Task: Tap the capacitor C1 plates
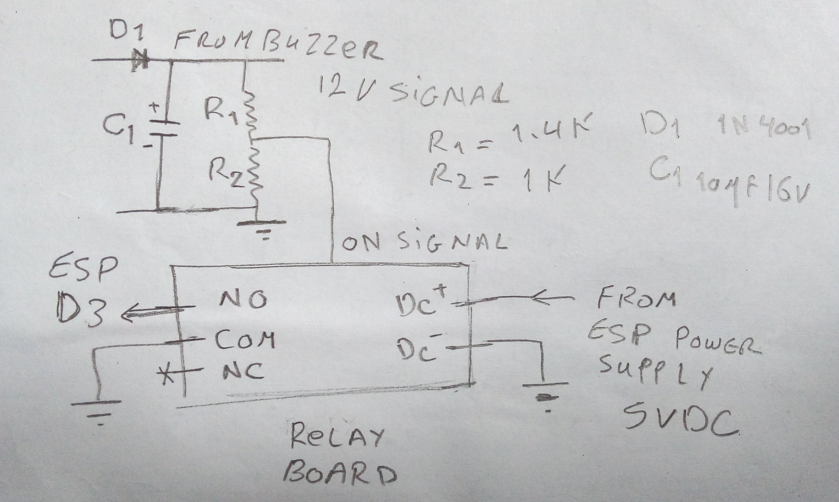tap(163, 128)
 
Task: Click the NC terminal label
tap(243, 372)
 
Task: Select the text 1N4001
tap(764, 130)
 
